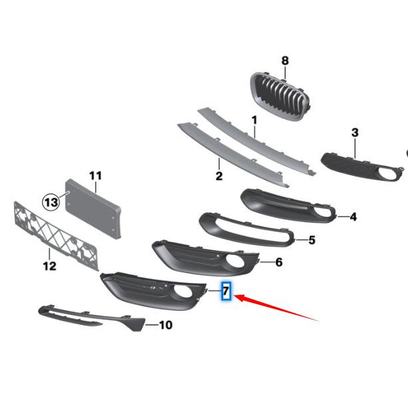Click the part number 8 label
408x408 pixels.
[x=285, y=61]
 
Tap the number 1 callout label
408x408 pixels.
[x=254, y=120]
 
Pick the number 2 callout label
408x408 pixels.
[x=218, y=176]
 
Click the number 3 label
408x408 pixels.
[x=355, y=133]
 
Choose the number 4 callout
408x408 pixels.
[x=353, y=217]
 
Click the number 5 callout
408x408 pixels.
[x=311, y=240]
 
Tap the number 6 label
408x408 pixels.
[x=278, y=263]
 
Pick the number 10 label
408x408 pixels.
[x=166, y=325]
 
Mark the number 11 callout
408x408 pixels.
[x=95, y=176]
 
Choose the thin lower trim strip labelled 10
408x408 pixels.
[x=87, y=315]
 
